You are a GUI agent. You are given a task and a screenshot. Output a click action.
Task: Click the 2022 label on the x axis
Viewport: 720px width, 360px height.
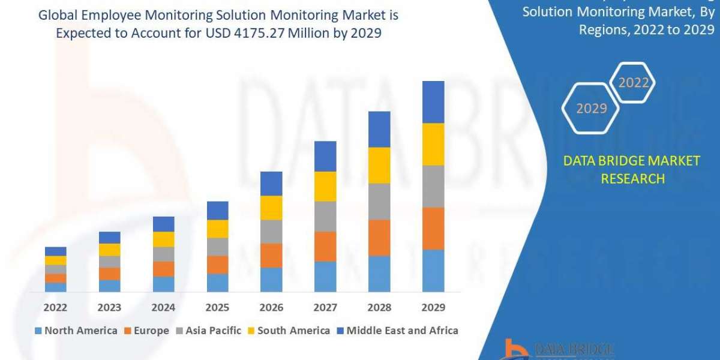point(55,308)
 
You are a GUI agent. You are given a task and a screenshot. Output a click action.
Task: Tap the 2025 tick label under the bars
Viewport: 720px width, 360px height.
point(217,308)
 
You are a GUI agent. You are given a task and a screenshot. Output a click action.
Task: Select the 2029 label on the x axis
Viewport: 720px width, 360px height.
point(433,308)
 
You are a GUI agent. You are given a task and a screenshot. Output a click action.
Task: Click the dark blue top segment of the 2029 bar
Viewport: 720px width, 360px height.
point(433,102)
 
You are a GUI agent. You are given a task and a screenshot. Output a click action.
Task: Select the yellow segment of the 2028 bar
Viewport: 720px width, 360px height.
point(379,165)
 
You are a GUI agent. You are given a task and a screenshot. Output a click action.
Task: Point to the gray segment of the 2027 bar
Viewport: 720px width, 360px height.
point(325,217)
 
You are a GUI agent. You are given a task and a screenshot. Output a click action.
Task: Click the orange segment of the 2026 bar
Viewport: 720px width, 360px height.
point(271,256)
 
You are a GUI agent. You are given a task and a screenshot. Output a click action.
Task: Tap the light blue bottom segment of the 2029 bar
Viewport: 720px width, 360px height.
point(433,271)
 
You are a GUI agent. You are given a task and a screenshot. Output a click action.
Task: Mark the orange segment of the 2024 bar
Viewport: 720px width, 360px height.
point(163,269)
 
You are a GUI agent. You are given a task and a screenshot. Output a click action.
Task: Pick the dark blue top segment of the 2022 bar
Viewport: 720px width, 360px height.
point(56,251)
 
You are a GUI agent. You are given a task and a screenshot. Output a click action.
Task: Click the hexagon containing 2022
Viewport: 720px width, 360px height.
point(633,83)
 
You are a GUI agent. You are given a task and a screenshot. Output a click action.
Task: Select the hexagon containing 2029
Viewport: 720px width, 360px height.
point(591,109)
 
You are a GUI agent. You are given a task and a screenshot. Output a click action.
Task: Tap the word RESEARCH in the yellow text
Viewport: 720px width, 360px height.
point(632,179)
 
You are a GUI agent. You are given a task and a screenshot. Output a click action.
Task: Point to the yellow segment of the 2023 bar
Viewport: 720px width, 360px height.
point(109,250)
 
